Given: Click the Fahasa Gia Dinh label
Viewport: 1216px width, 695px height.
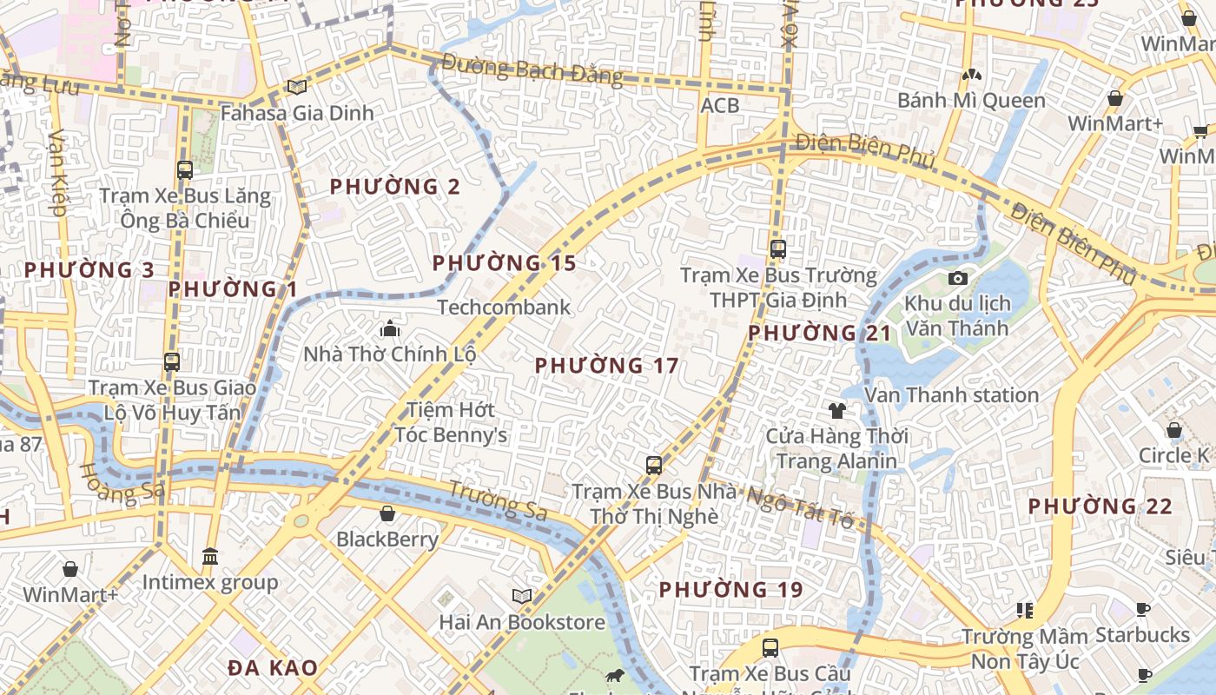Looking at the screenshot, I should tap(296, 113).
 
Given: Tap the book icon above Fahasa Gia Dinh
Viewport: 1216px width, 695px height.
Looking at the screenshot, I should tap(297, 87).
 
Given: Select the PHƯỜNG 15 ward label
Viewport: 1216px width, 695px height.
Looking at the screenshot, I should tap(504, 262).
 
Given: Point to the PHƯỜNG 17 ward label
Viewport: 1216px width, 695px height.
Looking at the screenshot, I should tap(606, 366).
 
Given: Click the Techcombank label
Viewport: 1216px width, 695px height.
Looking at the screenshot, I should tap(504, 307).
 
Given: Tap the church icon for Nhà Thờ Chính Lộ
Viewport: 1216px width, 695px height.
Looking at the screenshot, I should tap(390, 328).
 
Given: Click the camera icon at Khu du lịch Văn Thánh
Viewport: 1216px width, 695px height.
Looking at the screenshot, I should tap(958, 278).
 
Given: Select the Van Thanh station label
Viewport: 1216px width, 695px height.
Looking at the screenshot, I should tap(951, 395).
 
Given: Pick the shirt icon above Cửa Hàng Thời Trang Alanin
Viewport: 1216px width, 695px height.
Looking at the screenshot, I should tap(837, 410).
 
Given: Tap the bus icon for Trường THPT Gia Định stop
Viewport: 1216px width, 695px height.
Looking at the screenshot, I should tap(777, 249).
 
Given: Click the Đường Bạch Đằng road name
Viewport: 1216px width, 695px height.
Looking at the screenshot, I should tap(532, 69).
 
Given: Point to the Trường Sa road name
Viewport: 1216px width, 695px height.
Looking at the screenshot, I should tap(498, 500).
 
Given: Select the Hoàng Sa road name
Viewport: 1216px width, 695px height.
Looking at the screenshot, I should tap(122, 483).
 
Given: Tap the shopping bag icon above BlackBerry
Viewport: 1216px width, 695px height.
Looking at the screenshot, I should tap(387, 513).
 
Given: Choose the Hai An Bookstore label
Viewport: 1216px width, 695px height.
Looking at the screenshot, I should tap(521, 622).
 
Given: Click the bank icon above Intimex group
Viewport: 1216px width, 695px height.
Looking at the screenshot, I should tap(209, 556).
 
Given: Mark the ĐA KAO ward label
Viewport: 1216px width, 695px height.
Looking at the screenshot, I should tap(272, 667).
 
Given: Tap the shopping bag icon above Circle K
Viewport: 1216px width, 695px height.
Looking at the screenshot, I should tap(1173, 430).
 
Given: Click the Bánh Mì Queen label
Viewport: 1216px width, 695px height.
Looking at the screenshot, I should tap(971, 101).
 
